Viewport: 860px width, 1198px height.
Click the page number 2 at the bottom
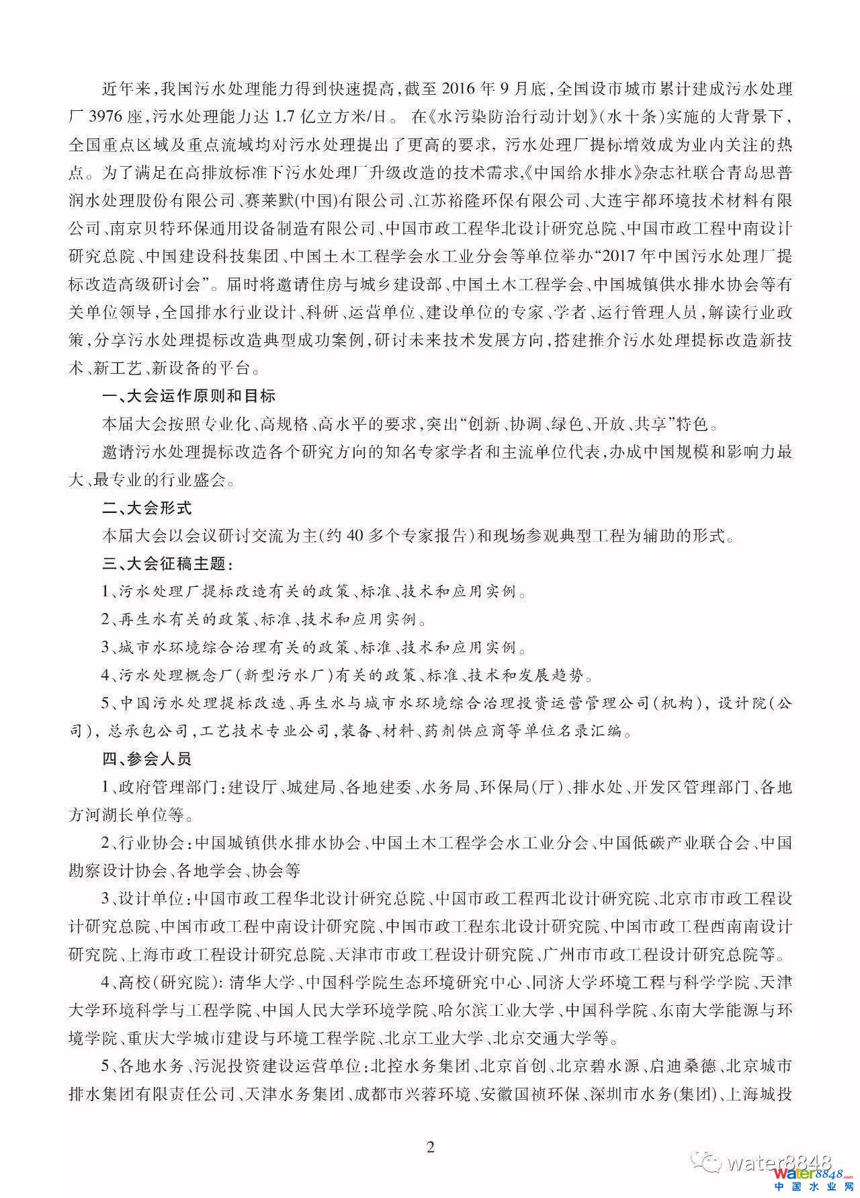pos(431,1146)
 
